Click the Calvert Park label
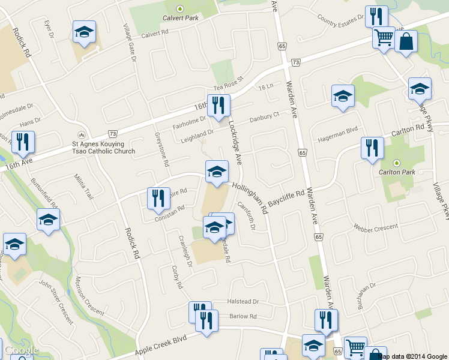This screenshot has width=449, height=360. tap(179, 17)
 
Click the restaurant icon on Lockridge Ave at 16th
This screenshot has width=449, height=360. tap(218, 106)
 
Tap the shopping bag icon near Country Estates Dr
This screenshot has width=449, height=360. tap(406, 43)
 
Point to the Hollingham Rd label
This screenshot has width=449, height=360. tap(249, 198)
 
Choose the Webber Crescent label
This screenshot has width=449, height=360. tap(376, 227)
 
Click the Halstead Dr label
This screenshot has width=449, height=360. tap(243, 302)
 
